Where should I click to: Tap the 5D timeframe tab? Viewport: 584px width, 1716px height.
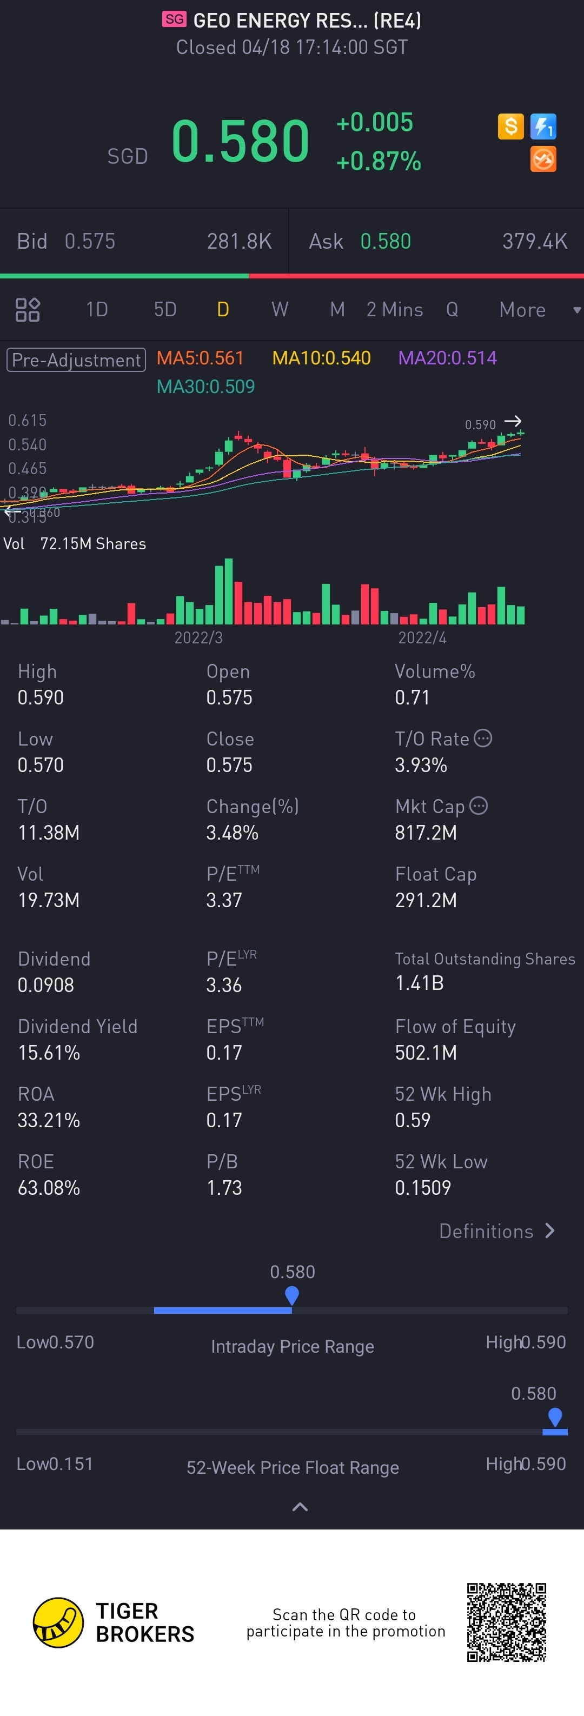(165, 310)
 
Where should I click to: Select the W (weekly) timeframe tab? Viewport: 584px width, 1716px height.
(280, 310)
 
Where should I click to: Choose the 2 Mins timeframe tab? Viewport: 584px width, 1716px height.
(394, 310)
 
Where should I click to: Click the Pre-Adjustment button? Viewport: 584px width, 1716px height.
(76, 360)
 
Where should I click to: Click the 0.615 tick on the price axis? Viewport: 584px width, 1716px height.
(27, 420)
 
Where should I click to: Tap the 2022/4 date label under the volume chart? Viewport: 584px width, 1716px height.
(422, 637)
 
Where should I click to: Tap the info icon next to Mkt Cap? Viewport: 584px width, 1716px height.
(479, 806)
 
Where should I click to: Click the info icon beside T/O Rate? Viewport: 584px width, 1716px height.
(483, 738)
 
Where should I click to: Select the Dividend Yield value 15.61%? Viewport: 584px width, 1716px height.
(49, 1053)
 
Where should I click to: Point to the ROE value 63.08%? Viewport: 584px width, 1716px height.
(49, 1188)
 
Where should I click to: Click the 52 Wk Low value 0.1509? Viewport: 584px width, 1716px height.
(423, 1188)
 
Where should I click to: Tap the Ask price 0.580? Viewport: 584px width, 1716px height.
(385, 241)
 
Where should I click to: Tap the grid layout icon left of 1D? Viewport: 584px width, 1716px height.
(27, 310)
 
